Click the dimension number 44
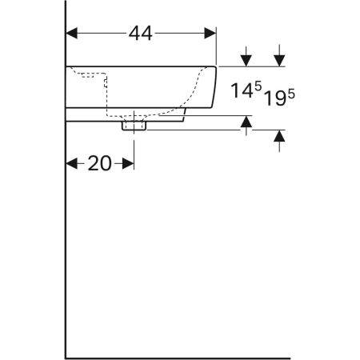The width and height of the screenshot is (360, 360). pyautogui.click(x=139, y=33)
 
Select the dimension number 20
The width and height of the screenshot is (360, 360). pyautogui.click(x=99, y=163)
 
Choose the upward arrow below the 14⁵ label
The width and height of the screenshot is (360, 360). pyautogui.click(x=246, y=122)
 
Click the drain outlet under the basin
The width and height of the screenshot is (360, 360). pyautogui.click(x=134, y=125)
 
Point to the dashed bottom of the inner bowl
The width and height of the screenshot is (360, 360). pyautogui.click(x=148, y=113)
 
